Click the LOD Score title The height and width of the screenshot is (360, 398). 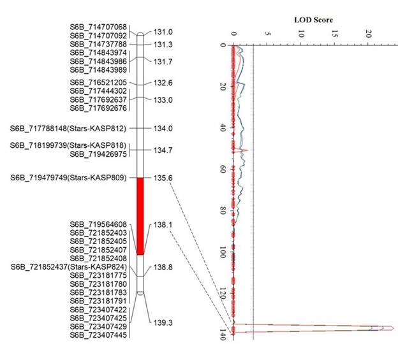pos(313,20)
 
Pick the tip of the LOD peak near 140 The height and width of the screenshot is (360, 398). pos(394,328)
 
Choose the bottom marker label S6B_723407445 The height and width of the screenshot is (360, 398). pos(98,334)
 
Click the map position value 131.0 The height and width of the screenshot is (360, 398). pos(163,32)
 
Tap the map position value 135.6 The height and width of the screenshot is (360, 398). pos(163,178)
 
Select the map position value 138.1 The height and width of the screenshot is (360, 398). pos(163,226)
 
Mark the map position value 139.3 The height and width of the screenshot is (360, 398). pos(163,323)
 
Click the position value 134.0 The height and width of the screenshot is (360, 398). pos(163,128)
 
